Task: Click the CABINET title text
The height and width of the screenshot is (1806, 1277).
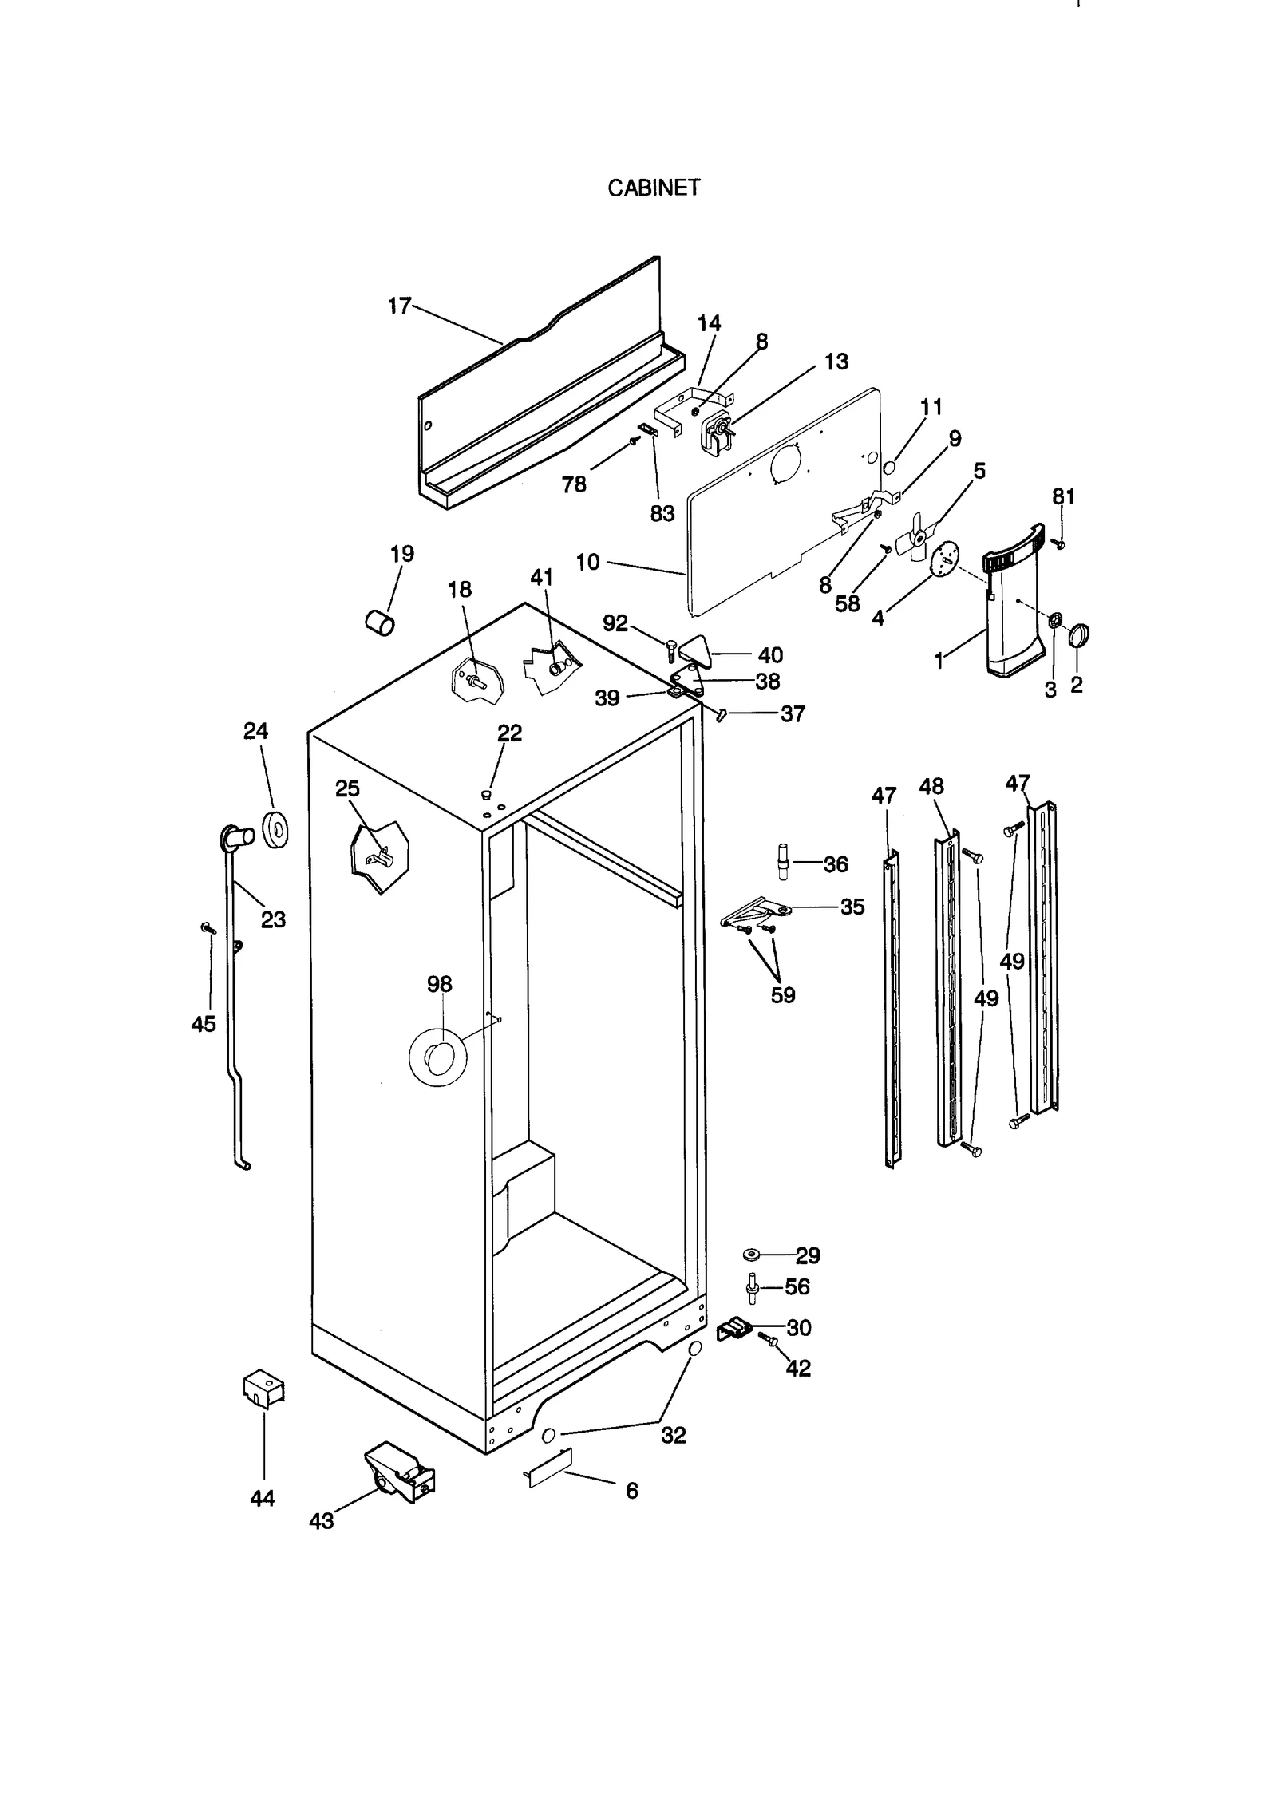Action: pos(653,188)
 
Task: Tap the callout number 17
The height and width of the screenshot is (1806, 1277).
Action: pos(399,306)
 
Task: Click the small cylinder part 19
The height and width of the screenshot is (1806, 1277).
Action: pos(380,622)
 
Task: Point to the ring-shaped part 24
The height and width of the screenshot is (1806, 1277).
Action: pos(275,829)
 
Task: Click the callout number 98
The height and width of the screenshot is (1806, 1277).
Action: pos(439,984)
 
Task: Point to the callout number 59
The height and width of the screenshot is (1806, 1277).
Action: pos(783,995)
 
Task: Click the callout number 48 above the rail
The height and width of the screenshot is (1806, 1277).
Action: pos(931,787)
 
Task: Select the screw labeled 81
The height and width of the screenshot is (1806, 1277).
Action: pos(1059,544)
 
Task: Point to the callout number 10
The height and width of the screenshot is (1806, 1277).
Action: pos(587,563)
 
